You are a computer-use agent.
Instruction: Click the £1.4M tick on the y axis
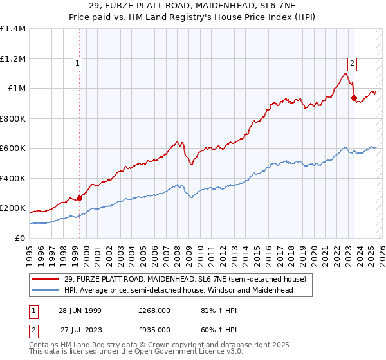[13, 29]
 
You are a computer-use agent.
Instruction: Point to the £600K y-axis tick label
[13, 148]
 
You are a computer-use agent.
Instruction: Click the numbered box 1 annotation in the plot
[77, 63]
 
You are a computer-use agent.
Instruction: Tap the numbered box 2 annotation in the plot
[353, 63]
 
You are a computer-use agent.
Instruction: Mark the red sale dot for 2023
[354, 98]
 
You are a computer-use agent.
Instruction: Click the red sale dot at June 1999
[80, 198]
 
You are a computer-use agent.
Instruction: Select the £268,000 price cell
[154, 310]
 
